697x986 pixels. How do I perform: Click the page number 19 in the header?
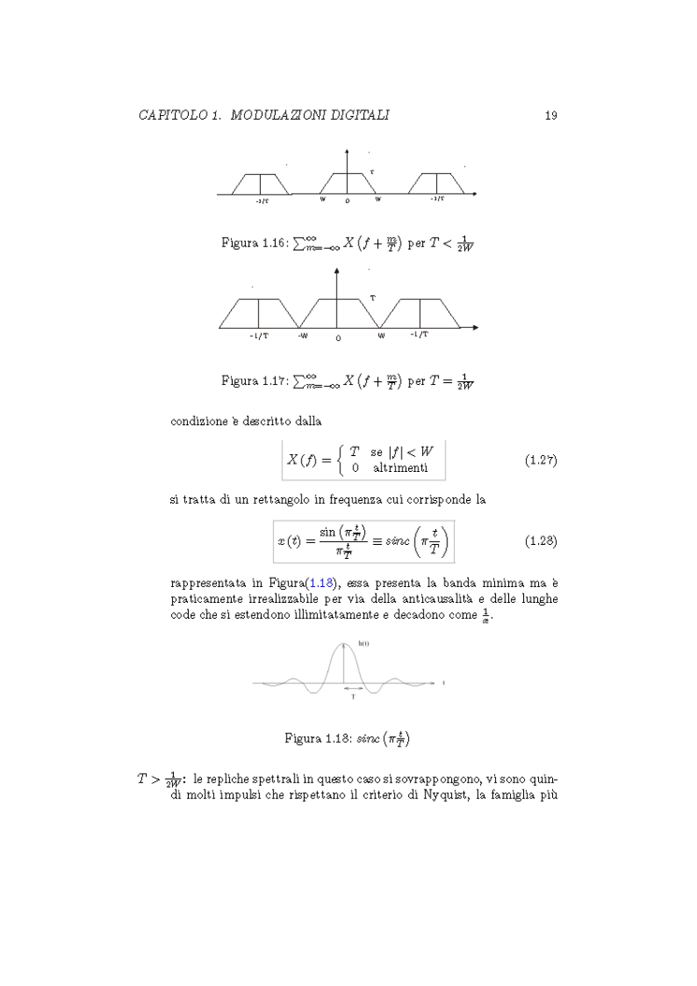pos(550,115)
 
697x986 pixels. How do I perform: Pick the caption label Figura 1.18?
pos(316,738)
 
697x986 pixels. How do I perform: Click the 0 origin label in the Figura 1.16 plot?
pos(347,201)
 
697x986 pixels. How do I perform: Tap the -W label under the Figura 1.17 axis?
pos(303,336)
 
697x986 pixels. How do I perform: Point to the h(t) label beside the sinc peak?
pos(363,643)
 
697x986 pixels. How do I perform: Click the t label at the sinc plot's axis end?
pos(443,683)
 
